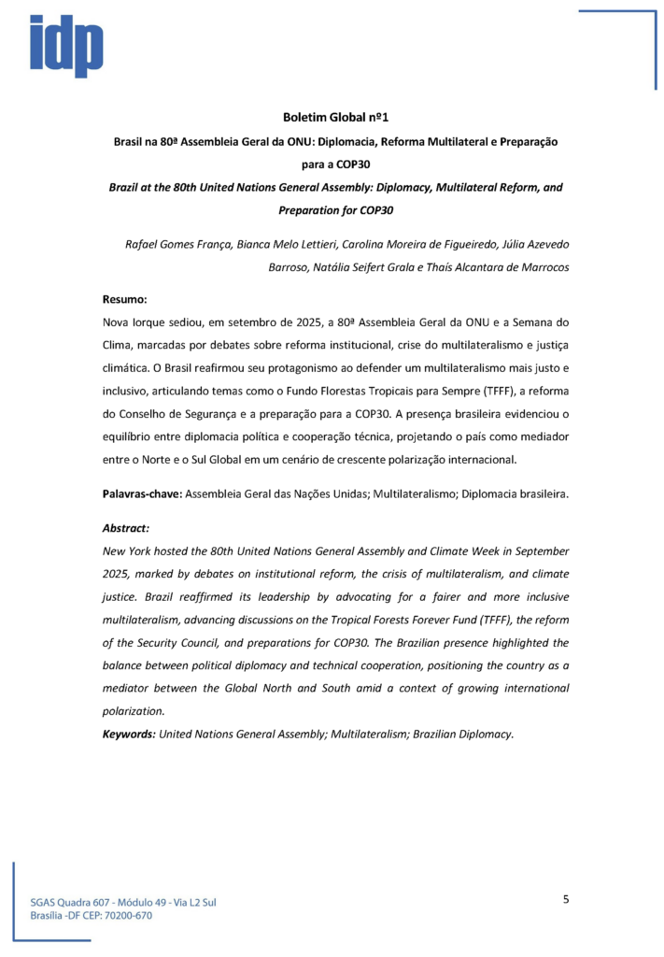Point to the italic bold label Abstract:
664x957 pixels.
click(126, 527)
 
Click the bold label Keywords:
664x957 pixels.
click(129, 734)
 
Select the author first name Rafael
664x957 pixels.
click(144, 244)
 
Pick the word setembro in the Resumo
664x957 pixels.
click(262, 321)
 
